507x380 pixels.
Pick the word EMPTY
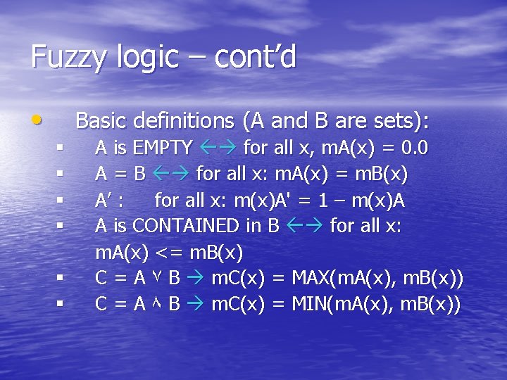[x=163, y=148]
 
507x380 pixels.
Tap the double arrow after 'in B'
[x=304, y=226]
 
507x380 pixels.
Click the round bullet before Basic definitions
[x=36, y=120]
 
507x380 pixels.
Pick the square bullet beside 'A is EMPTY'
[x=61, y=148]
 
